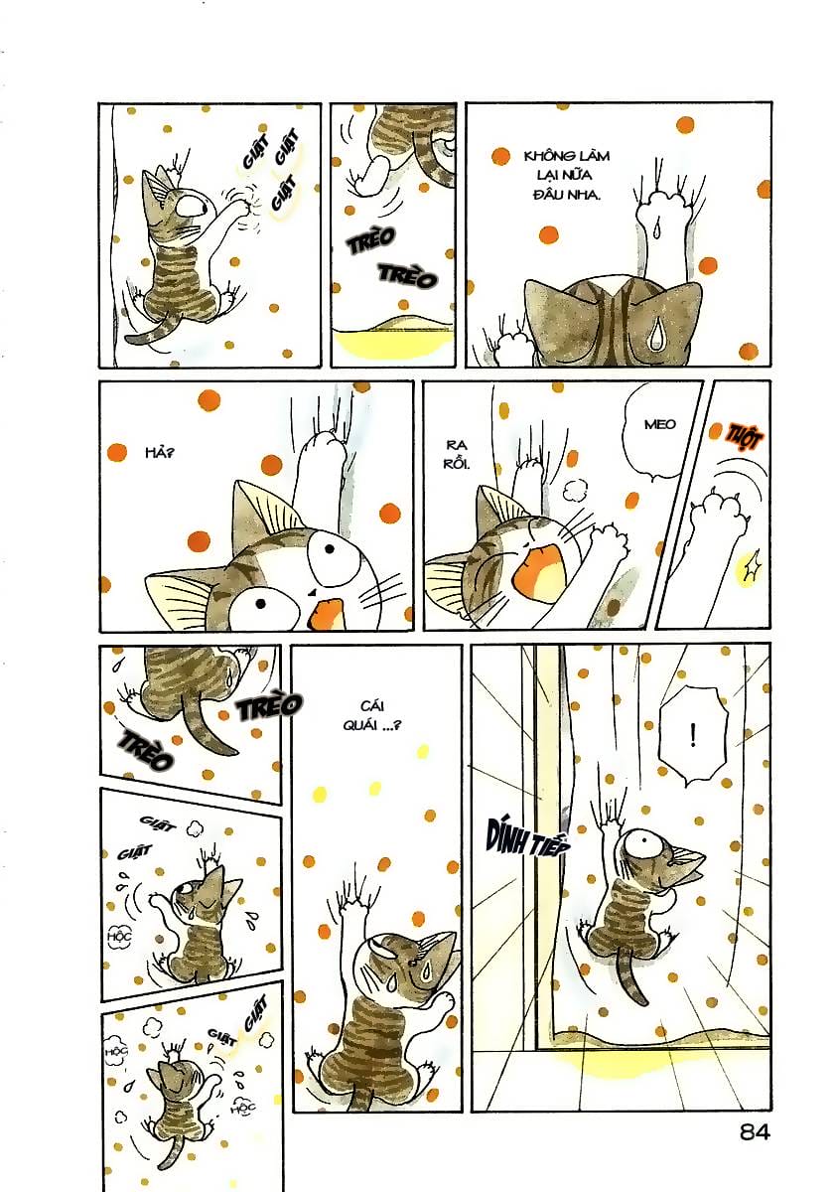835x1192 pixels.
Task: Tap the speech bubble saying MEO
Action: (x=658, y=425)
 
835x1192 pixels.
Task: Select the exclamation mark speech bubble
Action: (x=692, y=736)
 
